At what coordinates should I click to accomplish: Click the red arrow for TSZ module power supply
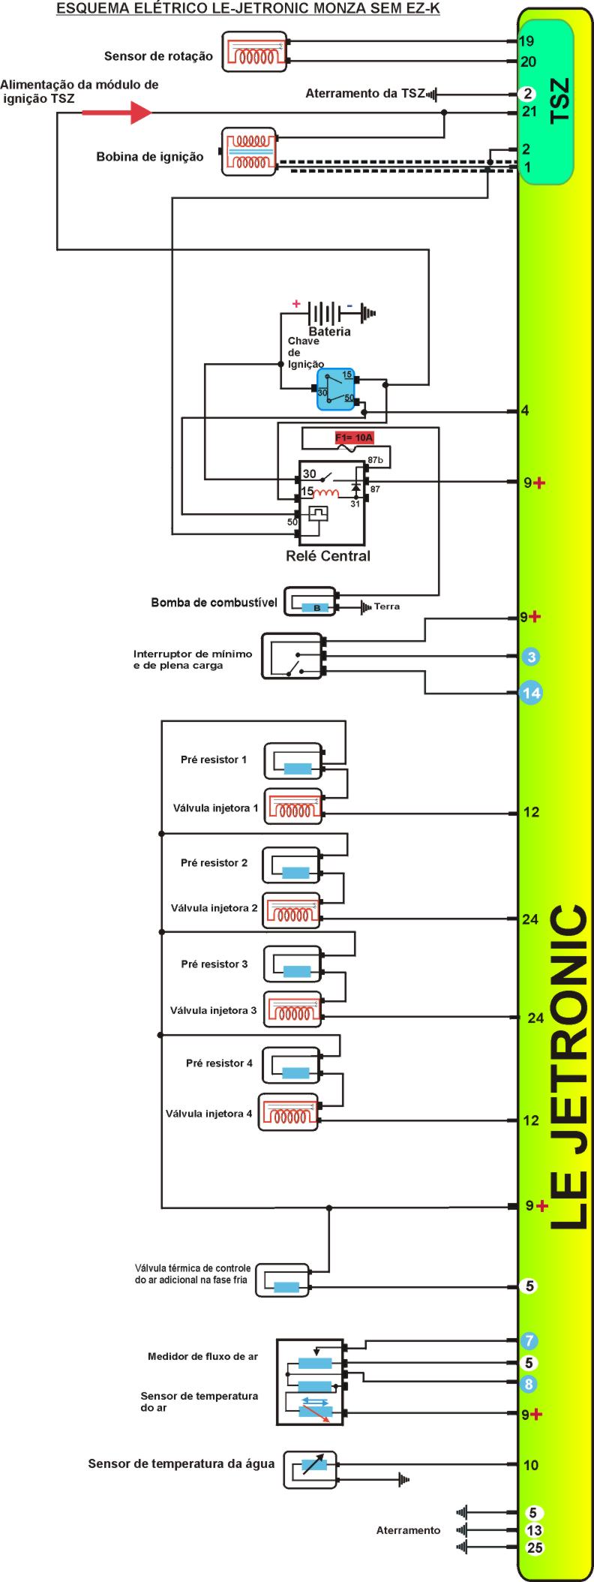pos(116,113)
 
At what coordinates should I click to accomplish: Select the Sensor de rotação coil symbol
pos(255,52)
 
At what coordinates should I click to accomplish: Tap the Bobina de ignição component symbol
pos(249,152)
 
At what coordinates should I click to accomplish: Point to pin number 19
pos(526,42)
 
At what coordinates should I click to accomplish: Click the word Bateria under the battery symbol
pos(329,331)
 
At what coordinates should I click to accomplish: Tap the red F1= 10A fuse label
pos(354,438)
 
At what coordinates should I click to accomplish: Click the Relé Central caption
pos(328,556)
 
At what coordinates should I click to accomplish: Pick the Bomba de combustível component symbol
pos(311,602)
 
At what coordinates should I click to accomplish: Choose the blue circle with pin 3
pos(531,657)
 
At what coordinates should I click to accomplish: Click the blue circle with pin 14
pos(531,693)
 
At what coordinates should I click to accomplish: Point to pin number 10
pos(531,1464)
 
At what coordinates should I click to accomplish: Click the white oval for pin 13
pos(534,1530)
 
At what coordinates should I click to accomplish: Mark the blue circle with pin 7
pos(529,1340)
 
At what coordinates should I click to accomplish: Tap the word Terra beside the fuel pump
pos(387,606)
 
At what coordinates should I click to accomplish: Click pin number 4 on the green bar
pos(525,411)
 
